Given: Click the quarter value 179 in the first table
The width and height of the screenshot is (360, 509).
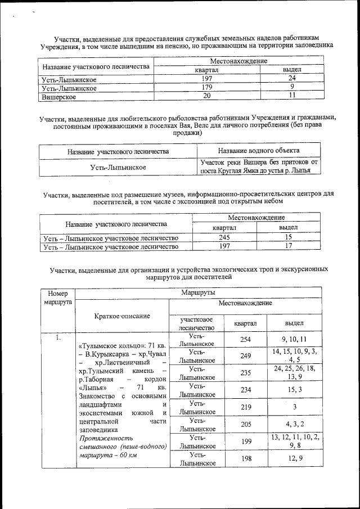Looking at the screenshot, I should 206,88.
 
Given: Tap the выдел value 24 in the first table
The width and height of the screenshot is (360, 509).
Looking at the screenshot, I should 292,79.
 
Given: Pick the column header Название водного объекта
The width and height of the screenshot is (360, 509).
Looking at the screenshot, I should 258,151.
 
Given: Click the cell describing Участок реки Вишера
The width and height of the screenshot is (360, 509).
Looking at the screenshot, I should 258,166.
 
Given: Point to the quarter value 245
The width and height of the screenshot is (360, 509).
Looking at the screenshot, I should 224,237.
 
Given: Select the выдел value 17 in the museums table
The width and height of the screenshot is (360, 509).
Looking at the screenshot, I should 288,246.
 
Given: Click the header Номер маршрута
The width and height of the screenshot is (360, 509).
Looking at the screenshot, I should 58,298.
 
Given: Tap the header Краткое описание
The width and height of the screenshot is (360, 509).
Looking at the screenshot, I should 122,316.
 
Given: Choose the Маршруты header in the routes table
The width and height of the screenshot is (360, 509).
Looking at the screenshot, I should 198,292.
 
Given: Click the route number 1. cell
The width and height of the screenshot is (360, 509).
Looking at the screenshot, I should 58,339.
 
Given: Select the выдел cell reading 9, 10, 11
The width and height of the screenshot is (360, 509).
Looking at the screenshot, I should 294,339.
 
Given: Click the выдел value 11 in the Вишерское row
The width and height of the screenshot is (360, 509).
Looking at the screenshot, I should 292,96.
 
